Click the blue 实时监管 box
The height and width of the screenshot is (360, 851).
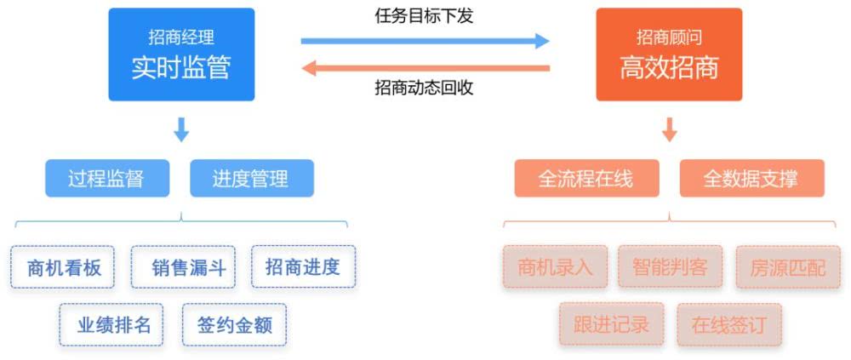(x=181, y=54)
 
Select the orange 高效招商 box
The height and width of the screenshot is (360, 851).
(x=669, y=54)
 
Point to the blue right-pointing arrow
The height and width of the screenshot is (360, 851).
(x=425, y=41)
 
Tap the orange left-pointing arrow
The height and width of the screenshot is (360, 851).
(x=426, y=68)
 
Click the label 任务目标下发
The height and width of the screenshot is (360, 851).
(x=424, y=16)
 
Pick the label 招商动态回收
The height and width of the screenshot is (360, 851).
(x=424, y=88)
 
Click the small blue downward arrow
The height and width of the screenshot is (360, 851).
(x=181, y=129)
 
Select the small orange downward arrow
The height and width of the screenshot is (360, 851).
(x=670, y=129)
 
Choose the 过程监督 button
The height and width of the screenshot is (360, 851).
(x=107, y=178)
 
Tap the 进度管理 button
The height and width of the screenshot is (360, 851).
(x=252, y=178)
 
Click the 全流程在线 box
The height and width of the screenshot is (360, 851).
(x=586, y=178)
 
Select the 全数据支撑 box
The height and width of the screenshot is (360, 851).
(x=751, y=178)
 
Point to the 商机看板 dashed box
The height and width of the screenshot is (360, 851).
(x=62, y=266)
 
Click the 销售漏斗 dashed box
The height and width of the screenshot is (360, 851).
(x=184, y=266)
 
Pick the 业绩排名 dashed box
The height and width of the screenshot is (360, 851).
(x=111, y=325)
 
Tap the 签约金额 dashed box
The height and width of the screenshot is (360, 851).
(x=235, y=325)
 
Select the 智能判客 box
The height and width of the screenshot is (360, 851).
(x=670, y=266)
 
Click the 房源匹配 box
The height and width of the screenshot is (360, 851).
(x=788, y=266)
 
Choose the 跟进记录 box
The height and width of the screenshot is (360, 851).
(x=612, y=325)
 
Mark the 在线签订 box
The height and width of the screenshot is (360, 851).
(x=729, y=325)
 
